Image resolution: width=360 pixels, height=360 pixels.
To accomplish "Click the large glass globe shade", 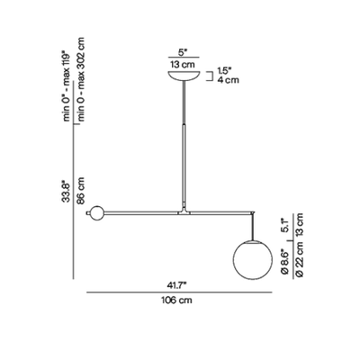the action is [x=253, y=260].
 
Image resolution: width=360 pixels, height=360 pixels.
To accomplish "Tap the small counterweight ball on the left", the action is [x=96, y=213].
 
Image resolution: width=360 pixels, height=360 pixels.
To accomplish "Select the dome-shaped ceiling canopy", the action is [x=184, y=76].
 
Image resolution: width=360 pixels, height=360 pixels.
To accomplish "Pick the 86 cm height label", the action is [x=81, y=191].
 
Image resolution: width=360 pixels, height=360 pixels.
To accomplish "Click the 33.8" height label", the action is [x=66, y=191].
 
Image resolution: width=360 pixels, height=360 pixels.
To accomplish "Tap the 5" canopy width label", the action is [x=183, y=52].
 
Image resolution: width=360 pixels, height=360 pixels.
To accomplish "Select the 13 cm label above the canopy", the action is [x=183, y=64].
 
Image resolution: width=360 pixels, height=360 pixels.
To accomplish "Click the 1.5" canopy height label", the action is [x=225, y=71].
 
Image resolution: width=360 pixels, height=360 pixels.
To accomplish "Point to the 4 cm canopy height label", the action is [x=228, y=80].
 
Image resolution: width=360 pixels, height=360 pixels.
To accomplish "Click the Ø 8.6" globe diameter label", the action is [x=284, y=262].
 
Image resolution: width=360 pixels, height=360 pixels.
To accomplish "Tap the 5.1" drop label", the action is [x=284, y=225].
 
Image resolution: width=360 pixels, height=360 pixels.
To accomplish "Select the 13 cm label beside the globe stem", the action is [x=300, y=224].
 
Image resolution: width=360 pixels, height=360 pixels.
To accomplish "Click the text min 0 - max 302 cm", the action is [x=81, y=79].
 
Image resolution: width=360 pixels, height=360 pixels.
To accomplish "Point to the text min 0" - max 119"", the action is [x=67, y=85].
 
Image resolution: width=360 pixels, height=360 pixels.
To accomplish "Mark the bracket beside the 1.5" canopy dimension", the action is [x=210, y=76].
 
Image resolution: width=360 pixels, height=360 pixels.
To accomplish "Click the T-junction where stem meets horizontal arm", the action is [x=184, y=212].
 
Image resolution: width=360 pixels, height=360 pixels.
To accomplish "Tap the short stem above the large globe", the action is [x=253, y=227].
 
